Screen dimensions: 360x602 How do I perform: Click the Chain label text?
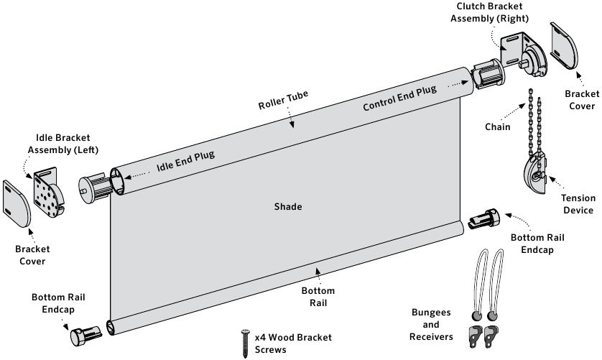(x=497, y=127)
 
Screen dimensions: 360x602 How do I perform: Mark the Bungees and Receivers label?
(x=431, y=325)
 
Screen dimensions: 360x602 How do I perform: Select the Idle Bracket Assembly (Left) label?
(x=63, y=144)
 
